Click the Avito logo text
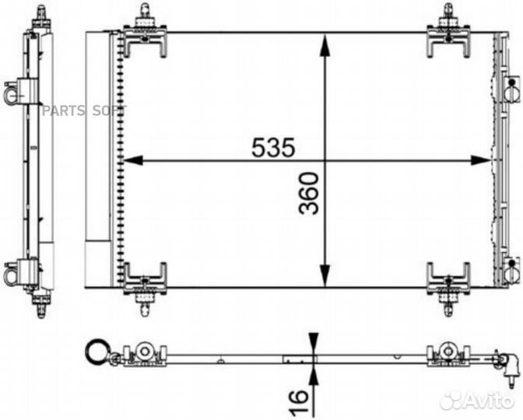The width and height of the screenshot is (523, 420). click(x=490, y=401)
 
